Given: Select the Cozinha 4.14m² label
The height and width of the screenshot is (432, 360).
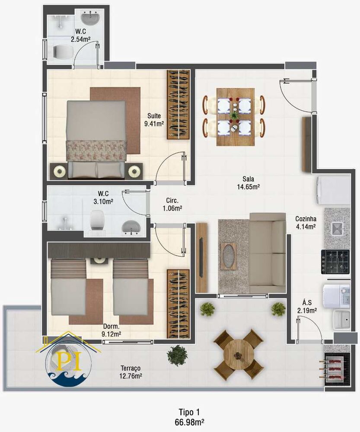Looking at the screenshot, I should coord(306,222).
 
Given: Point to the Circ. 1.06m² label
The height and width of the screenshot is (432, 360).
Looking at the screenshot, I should coord(172,204).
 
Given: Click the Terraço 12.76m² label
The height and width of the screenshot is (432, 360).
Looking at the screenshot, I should coord(131,372).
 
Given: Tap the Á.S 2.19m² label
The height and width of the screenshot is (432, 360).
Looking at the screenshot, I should coord(307,306).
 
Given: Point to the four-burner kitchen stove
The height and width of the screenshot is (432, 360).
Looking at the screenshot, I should coord(335,262).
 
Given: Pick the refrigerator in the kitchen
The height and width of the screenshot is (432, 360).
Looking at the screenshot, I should coord(334,190).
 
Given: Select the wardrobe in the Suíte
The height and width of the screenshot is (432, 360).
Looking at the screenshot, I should coord(178,104).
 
